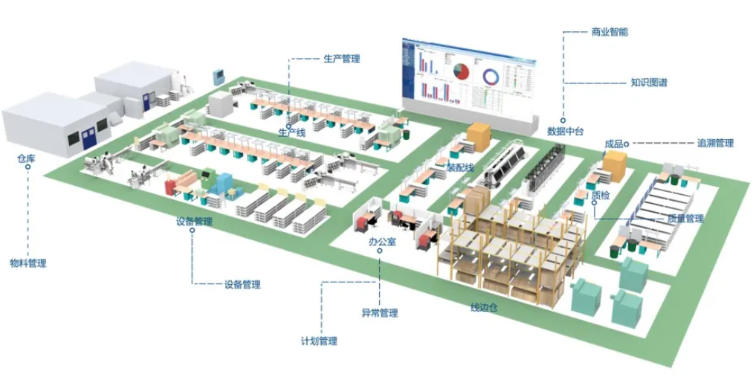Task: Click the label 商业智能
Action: (610, 32)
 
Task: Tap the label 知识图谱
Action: (648, 83)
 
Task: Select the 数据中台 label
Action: (566, 132)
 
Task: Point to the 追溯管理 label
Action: (715, 143)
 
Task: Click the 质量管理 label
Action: (685, 219)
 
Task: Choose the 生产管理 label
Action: (342, 58)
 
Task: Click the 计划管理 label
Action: (319, 341)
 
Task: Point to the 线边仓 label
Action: (483, 307)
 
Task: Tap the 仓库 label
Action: (26, 158)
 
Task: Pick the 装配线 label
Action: (459, 168)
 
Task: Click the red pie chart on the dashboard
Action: (460, 72)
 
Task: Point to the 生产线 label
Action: (292, 132)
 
